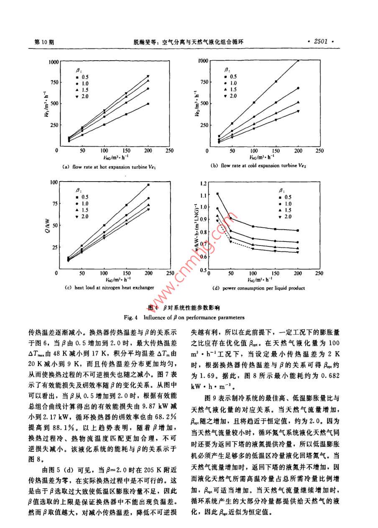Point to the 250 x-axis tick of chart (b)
click(320, 151)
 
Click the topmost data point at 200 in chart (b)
click(298, 61)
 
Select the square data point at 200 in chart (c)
click(148, 185)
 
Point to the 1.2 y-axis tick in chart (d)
click(203, 183)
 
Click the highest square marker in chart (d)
click(218, 194)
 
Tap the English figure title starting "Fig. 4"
click(189, 317)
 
